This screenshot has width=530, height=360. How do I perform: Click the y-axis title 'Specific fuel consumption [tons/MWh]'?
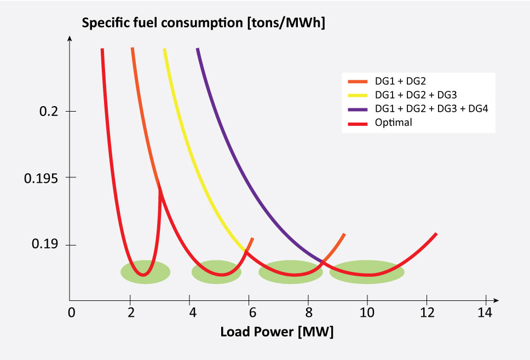[x=203, y=24]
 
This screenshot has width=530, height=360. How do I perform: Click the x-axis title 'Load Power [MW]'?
[x=276, y=332]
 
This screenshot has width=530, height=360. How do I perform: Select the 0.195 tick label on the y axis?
[x=43, y=178]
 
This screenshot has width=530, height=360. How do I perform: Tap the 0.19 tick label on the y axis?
[x=45, y=245]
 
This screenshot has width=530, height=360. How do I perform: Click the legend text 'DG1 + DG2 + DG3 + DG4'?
[x=430, y=108]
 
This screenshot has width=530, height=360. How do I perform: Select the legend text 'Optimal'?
[x=393, y=123]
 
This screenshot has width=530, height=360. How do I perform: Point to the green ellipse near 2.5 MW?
[x=145, y=272]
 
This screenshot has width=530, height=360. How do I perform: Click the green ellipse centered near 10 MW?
[x=367, y=272]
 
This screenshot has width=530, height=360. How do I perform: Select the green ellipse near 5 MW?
[x=216, y=272]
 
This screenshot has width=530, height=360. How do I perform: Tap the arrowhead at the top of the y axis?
[x=70, y=39]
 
